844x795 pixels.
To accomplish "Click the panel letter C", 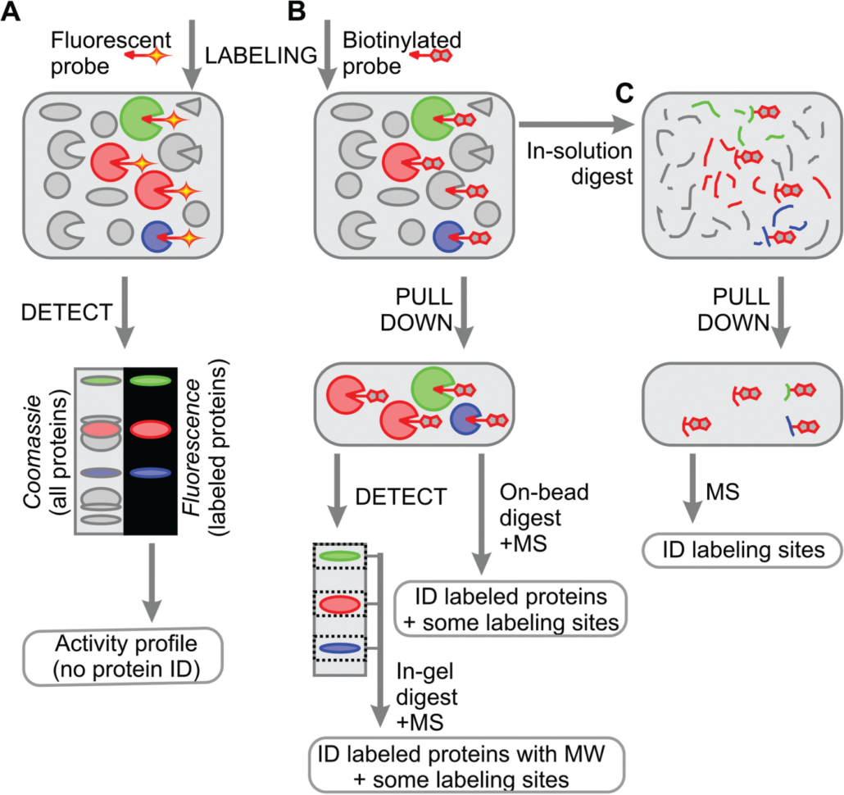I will (624, 95).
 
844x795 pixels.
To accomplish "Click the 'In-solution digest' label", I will (579, 162).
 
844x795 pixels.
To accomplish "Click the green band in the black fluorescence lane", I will (147, 379).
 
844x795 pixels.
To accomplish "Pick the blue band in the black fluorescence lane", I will (147, 472).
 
